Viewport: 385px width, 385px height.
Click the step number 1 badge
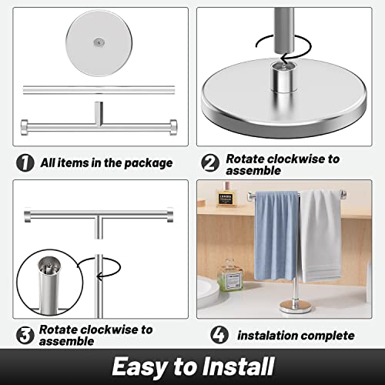click(x=25, y=162)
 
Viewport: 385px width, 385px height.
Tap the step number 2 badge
click(x=210, y=162)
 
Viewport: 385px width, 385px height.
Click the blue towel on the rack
click(x=276, y=235)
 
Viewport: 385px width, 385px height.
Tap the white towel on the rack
click(x=320, y=235)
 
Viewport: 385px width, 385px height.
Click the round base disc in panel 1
click(x=98, y=42)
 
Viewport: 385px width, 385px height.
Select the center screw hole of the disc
click(x=98, y=43)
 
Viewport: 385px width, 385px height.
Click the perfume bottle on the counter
click(x=228, y=275)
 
